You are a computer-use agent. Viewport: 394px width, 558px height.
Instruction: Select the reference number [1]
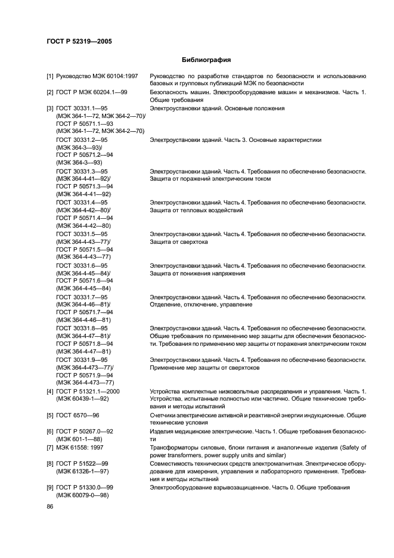[50, 76]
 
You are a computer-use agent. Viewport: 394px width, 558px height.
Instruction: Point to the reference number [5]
[50, 414]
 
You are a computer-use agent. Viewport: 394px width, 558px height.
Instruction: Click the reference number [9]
[50, 488]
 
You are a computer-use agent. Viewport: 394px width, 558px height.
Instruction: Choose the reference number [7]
[50, 447]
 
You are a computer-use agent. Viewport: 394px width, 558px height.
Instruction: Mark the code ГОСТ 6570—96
[77, 414]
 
